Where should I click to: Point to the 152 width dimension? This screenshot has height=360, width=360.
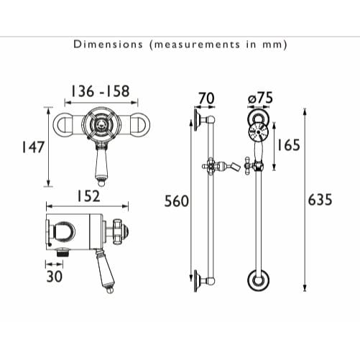click(88, 196)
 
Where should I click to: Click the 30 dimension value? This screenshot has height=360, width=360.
click(54, 276)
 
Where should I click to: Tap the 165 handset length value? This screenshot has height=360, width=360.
click(287, 145)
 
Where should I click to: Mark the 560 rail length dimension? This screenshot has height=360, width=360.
click(176, 202)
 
